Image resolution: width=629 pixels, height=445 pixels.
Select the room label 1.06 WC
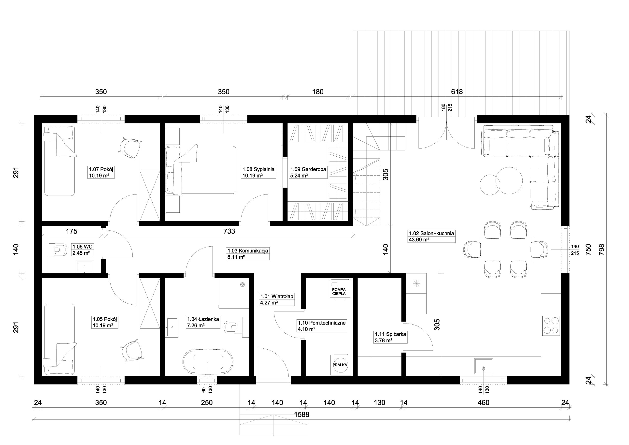[x=83, y=247]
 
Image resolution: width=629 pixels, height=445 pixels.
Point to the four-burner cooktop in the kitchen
[x=551, y=326]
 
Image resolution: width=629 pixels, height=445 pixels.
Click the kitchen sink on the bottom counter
[x=484, y=366]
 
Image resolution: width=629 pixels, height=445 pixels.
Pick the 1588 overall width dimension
[x=302, y=415]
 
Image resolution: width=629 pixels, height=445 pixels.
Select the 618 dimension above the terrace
[x=457, y=91]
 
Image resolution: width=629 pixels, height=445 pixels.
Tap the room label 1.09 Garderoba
[x=308, y=169]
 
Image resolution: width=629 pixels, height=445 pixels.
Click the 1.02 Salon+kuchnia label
[x=431, y=233]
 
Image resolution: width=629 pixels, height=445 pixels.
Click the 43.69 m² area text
[x=419, y=239]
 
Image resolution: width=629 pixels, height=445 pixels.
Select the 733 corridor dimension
[x=229, y=231]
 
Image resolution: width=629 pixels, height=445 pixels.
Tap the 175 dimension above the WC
[x=71, y=231]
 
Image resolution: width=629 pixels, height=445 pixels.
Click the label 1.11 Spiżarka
[x=390, y=334]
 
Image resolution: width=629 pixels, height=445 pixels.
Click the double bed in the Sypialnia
[x=201, y=170]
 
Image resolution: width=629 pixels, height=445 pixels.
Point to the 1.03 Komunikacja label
[x=248, y=251]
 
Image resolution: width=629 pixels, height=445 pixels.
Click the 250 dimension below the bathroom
[x=207, y=402]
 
